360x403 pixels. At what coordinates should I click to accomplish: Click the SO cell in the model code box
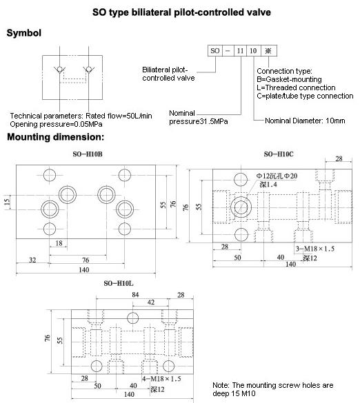(x=215, y=50)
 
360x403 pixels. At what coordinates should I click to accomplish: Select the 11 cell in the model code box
(x=240, y=50)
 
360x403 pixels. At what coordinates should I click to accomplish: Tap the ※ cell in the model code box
(x=269, y=50)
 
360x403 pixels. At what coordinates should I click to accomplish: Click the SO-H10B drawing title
(x=88, y=154)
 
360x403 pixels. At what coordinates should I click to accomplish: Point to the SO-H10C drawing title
(x=279, y=154)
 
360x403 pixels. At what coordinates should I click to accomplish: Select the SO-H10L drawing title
(x=119, y=284)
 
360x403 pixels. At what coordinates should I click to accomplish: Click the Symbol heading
(x=24, y=33)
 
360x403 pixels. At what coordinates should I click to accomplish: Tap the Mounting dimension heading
(x=56, y=137)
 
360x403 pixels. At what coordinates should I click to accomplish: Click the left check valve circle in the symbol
(x=60, y=69)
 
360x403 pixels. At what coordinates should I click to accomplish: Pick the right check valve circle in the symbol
(x=89, y=69)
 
